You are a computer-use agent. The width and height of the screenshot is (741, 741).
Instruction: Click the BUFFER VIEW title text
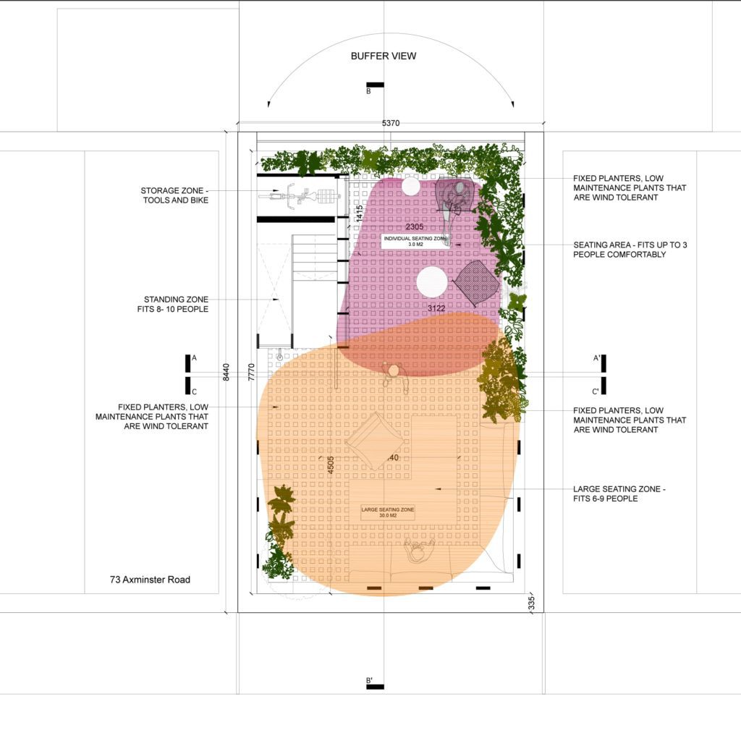[x=384, y=56]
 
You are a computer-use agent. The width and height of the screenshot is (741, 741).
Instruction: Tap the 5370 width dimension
[x=390, y=124]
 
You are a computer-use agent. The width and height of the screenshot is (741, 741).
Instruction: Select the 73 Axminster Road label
[x=150, y=580]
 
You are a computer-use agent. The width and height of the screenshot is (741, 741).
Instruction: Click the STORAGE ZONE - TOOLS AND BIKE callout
[x=174, y=195]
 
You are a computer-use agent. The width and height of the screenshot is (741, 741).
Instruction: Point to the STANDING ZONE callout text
[x=176, y=304]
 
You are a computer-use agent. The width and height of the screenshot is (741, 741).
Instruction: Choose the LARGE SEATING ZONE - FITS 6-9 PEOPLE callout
[x=619, y=494]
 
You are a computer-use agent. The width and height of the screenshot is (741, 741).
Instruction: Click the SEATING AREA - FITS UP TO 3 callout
[x=630, y=250]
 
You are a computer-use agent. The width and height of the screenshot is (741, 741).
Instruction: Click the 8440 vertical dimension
[x=226, y=372]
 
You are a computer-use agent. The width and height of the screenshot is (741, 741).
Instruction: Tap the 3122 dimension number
[x=436, y=309]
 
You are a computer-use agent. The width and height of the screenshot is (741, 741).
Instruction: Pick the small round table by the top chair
[x=410, y=187]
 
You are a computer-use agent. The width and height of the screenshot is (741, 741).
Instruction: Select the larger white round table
[x=432, y=281]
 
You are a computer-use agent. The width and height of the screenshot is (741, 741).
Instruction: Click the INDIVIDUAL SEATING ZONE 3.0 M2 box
[x=415, y=241]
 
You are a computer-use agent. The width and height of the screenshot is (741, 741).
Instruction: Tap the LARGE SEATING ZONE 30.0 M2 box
[x=388, y=512]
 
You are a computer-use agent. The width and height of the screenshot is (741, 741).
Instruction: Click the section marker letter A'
[x=596, y=358]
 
